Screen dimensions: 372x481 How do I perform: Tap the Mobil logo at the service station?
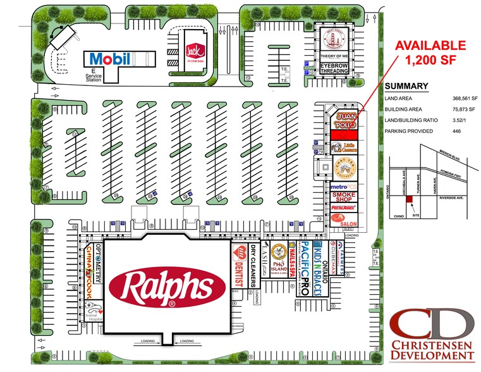coord(111,59)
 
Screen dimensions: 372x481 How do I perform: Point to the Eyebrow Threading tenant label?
coord(333,68)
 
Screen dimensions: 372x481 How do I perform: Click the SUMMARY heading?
coord(406,87)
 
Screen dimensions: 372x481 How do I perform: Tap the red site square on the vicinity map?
coord(409,200)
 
